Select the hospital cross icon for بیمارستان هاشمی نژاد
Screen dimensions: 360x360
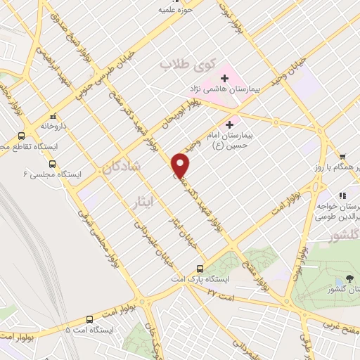[224, 77]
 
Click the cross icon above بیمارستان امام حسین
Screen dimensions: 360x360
[230, 124]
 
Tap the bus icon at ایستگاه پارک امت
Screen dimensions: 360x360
[200, 269]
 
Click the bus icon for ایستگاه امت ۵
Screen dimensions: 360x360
[89, 318]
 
